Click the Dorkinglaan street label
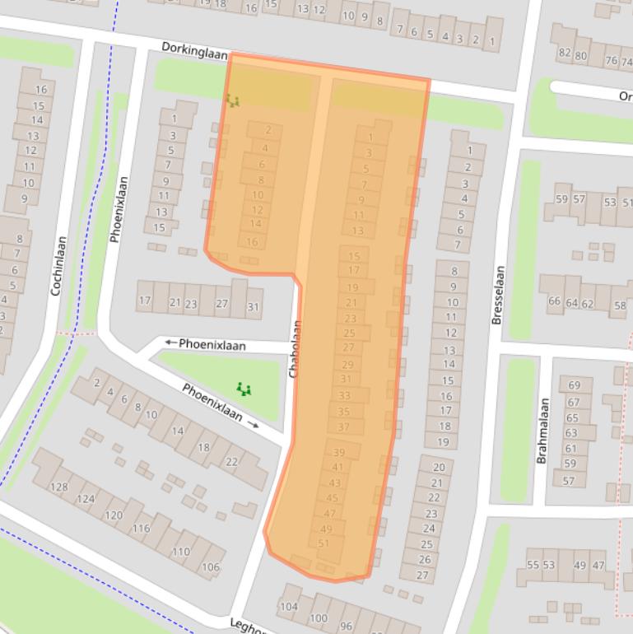[x=194, y=49]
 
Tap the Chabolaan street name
[x=296, y=349]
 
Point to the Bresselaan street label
[x=496, y=295]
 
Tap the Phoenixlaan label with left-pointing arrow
[x=205, y=344]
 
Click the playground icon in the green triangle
[x=243, y=389]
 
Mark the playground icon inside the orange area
[x=232, y=100]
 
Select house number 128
[x=59, y=487]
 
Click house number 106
[x=211, y=566]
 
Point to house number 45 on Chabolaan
[x=333, y=498]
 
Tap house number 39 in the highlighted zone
[x=338, y=453]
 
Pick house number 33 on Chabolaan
[x=344, y=396]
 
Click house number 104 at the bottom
[x=288, y=607]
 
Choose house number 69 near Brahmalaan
[x=574, y=385]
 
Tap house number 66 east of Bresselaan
[x=554, y=302]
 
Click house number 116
[x=142, y=528]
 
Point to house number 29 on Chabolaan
[x=347, y=365]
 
